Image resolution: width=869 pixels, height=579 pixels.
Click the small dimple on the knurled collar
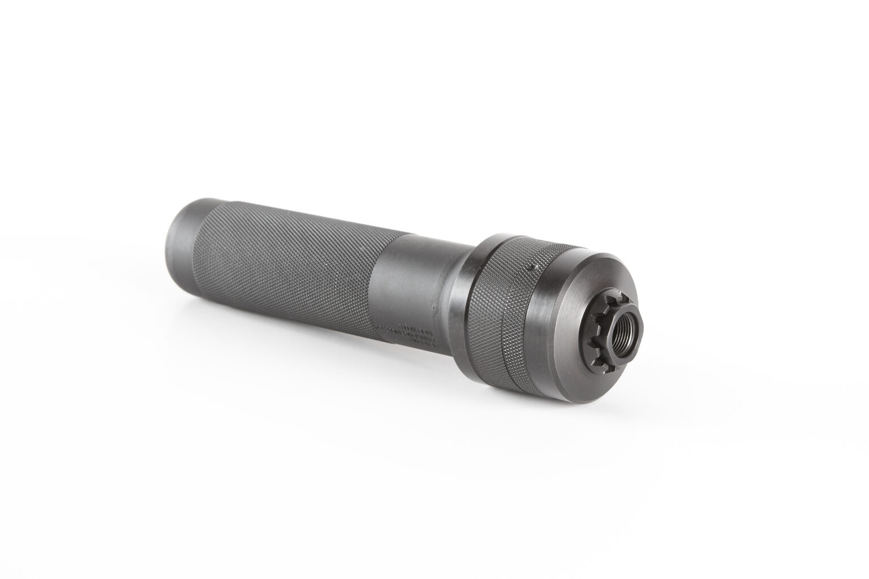530,265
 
